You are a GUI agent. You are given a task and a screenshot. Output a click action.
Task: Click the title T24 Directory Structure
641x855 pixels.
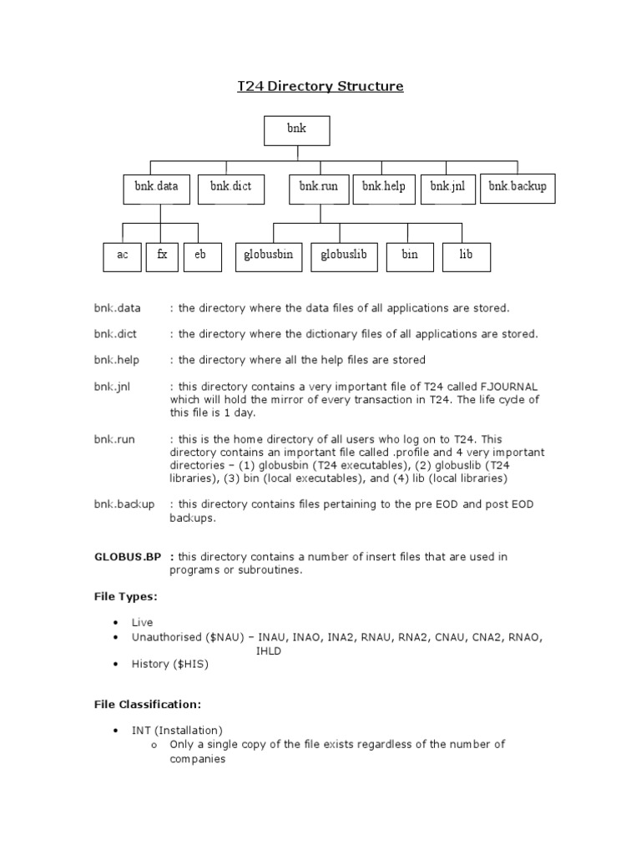tap(320, 86)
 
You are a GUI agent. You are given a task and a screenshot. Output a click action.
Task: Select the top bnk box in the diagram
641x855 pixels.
tap(296, 131)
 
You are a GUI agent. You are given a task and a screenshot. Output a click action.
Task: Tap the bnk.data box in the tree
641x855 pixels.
tap(157, 188)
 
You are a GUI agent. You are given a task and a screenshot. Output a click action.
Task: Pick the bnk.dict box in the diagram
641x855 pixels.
tap(230, 188)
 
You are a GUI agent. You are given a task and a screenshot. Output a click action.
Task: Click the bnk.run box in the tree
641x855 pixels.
tap(318, 188)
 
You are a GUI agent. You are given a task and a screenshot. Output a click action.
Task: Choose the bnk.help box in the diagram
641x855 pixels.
tap(384, 188)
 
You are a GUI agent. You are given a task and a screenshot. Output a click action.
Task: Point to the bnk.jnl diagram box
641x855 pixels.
tap(447, 188)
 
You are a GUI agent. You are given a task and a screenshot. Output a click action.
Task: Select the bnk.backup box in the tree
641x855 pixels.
tap(517, 188)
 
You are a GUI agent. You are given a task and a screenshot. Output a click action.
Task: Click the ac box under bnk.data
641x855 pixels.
tap(123, 256)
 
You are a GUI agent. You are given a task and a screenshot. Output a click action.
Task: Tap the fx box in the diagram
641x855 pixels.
tap(162, 256)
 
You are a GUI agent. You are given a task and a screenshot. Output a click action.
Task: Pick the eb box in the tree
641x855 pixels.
tap(201, 256)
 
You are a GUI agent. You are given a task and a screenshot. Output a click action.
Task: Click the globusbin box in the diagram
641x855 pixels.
tap(268, 256)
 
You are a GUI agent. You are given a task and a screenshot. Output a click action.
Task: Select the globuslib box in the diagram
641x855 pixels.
tap(344, 256)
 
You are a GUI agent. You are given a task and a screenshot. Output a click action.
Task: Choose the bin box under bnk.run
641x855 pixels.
tap(410, 256)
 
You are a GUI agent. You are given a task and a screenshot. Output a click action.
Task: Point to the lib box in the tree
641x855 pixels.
tap(466, 256)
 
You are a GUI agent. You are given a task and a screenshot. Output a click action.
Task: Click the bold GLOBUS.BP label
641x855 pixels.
tap(129, 557)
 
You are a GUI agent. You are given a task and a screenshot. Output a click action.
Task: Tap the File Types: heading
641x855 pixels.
tap(125, 597)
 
